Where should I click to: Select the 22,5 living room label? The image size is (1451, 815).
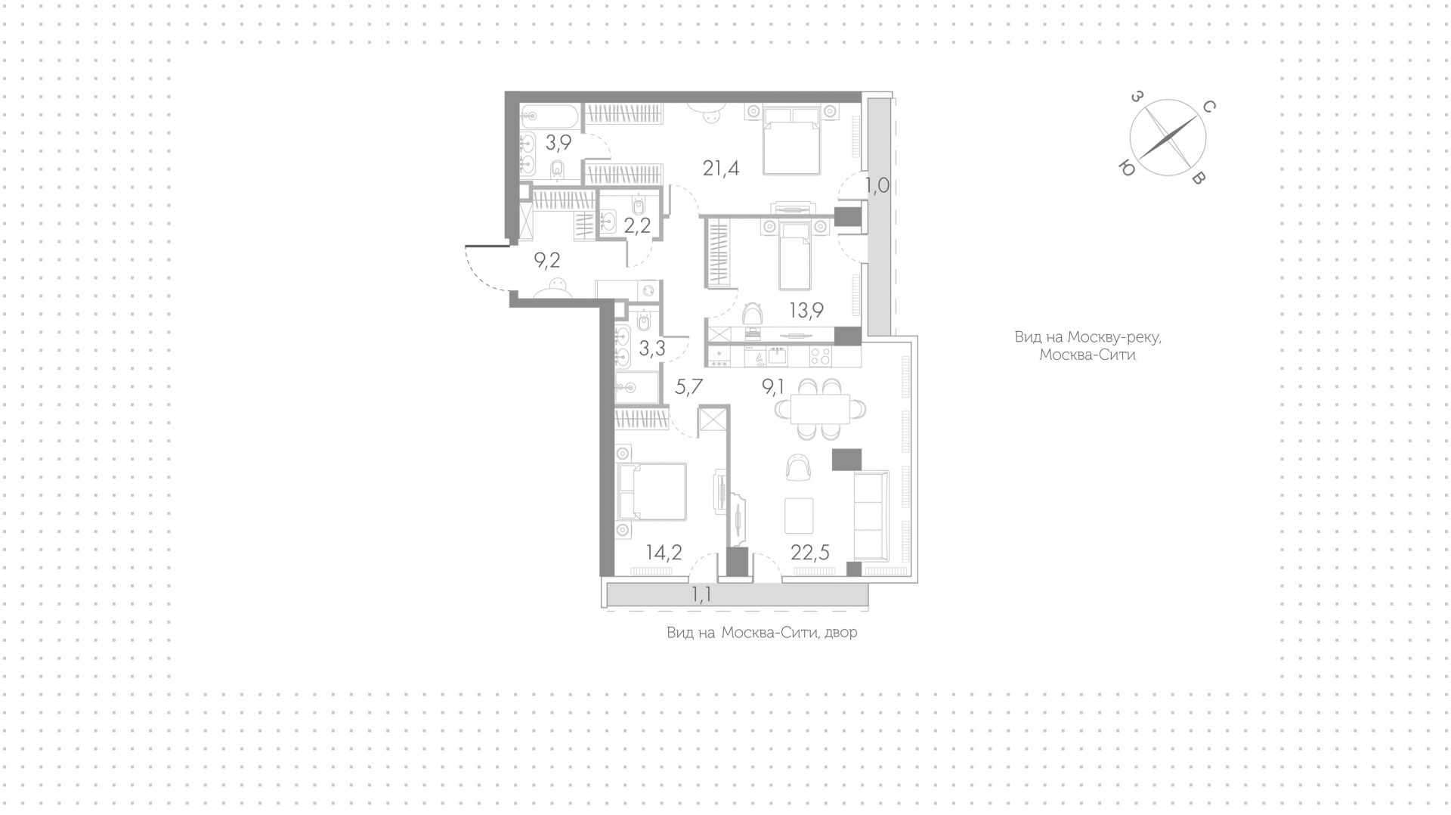[810, 552]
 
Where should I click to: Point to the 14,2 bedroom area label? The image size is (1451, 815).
[664, 552]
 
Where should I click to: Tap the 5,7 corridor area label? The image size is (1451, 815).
[688, 388]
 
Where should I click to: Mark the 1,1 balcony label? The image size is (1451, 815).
[701, 594]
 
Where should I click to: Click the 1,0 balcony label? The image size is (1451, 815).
[877, 186]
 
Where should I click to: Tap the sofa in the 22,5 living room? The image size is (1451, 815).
[871, 514]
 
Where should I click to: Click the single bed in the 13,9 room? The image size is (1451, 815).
[795, 256]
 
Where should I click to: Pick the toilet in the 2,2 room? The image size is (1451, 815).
[639, 206]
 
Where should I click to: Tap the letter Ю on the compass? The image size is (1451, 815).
[1127, 169]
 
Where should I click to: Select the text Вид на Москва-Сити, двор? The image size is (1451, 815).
[762, 632]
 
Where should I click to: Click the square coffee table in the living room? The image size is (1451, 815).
[799, 514]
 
